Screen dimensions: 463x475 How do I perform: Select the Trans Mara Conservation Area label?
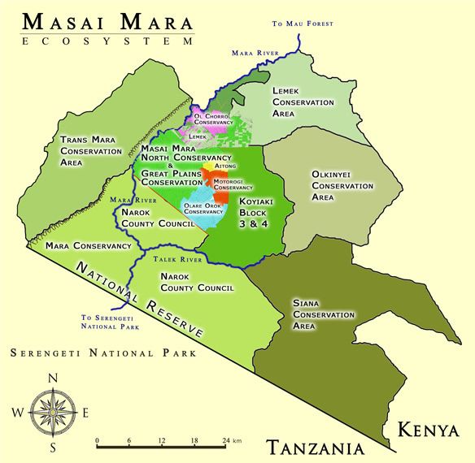(85, 151)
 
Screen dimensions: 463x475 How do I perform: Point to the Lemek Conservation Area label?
(303, 103)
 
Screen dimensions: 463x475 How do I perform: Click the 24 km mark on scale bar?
(225, 441)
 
